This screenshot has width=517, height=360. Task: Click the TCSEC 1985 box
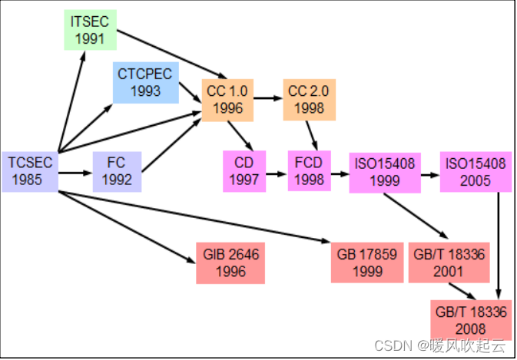coord(31,171)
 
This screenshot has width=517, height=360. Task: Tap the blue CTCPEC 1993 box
coord(145,82)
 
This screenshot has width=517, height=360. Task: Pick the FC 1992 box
coord(117,171)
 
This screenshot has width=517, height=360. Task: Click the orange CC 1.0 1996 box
coord(227,99)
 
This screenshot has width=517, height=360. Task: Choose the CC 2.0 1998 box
coord(309,99)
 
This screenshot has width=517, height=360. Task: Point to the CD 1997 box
coord(244,170)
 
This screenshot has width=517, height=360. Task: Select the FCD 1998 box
coord(310,170)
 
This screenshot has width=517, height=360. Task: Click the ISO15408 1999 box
coord(383,171)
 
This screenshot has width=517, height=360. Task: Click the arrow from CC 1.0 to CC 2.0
coord(268,99)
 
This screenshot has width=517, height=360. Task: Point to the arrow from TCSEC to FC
coord(75,172)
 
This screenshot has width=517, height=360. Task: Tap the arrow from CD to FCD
coord(277,172)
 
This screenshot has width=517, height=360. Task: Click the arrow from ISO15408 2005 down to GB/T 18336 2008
coord(501,246)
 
